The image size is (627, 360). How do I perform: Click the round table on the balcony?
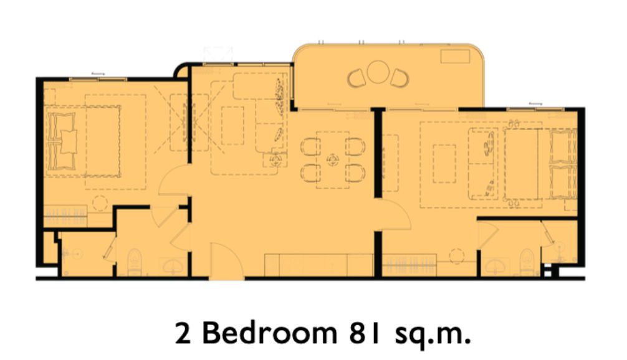(x=378, y=72)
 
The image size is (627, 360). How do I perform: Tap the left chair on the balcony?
(x=357, y=78)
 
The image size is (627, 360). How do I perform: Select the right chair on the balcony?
(x=400, y=78)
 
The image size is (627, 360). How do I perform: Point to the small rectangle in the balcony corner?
(x=455, y=56)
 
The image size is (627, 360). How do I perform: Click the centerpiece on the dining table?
(x=332, y=160)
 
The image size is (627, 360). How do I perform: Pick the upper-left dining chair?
(x=311, y=146)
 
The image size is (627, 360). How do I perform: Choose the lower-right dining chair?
(x=355, y=173)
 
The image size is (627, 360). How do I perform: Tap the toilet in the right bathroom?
(x=527, y=262)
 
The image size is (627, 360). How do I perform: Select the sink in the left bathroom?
(x=173, y=265)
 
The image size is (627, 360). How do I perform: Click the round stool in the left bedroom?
(x=100, y=203)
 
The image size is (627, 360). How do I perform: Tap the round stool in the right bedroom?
(x=457, y=256)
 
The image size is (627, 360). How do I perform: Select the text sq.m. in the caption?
(x=433, y=336)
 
